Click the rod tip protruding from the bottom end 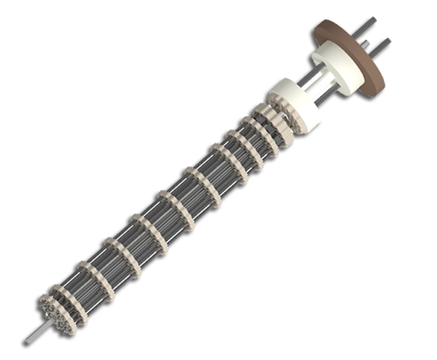(x=34, y=335)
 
